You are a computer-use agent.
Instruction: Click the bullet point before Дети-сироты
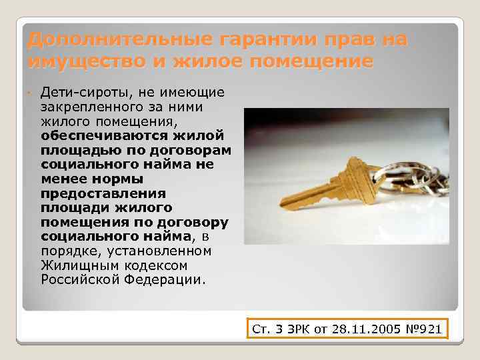pos(31,92)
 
